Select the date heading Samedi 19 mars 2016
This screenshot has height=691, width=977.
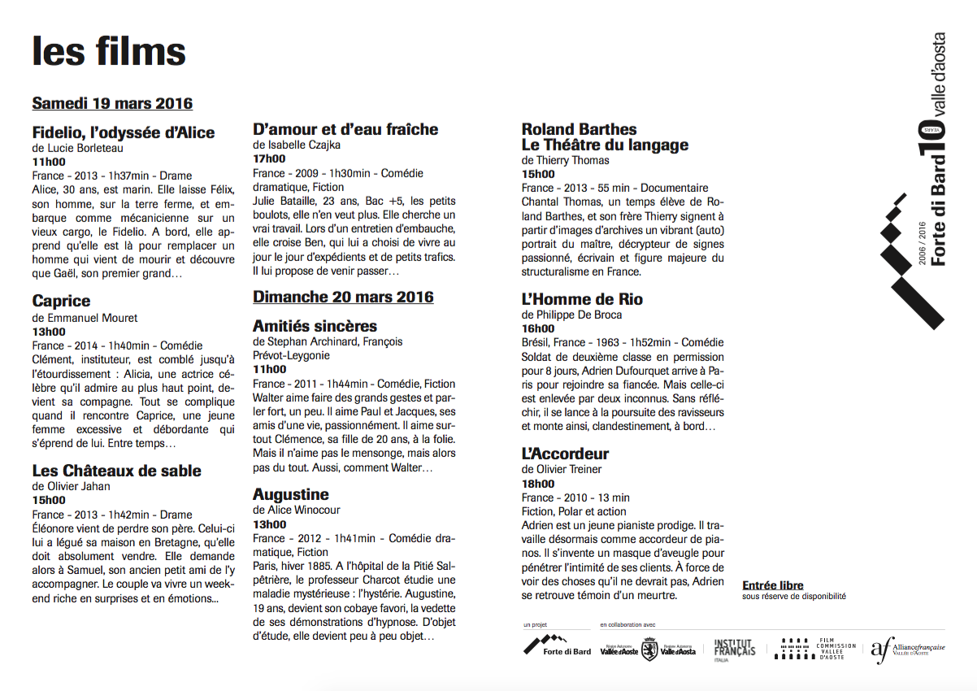112,103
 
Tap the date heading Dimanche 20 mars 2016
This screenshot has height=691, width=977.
343,297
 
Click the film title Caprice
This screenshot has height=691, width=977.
61,302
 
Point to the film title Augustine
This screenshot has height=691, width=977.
290,494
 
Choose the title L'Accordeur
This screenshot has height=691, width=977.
565,454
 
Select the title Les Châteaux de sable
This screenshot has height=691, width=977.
116,471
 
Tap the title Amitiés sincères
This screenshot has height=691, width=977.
315,326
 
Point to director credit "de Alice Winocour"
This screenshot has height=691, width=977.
296,510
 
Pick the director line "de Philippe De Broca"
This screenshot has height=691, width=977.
571,315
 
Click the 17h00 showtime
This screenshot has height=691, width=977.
269,159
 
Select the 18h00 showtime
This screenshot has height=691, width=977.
538,484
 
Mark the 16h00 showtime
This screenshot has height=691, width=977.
538,328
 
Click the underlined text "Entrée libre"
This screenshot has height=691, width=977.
772,585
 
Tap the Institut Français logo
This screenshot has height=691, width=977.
734,649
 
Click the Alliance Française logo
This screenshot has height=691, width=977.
907,649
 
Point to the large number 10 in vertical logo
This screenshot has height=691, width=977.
930,142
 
